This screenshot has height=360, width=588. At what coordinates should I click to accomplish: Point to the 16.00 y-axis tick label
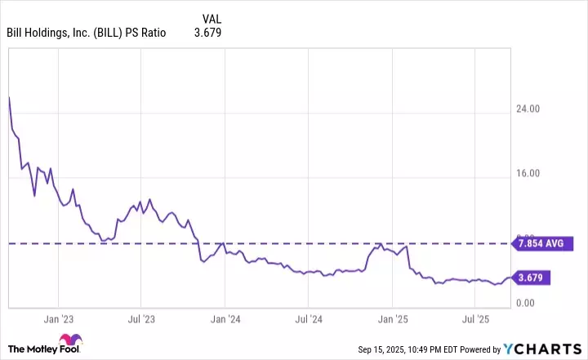tap(532, 174)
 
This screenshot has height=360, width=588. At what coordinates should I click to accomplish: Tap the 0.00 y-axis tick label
tap(535, 304)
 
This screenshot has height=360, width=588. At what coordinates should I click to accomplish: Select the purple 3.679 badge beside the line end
tap(530, 278)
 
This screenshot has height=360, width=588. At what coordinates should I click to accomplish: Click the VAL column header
tap(211, 18)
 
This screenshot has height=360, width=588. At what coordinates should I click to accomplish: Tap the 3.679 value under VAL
tap(207, 33)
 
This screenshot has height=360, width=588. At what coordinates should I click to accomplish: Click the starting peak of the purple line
tap(9, 97)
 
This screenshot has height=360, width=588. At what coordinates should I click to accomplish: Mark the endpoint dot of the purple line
tap(510, 278)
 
